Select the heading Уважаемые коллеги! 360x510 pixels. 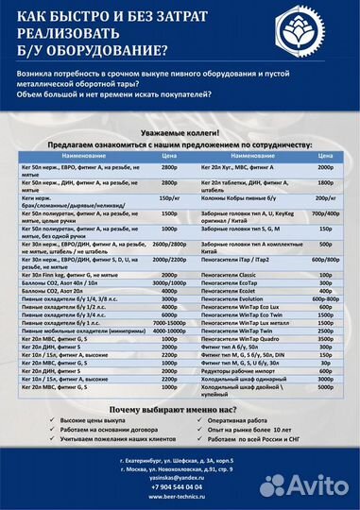[x=180, y=134]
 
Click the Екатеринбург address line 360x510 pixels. [x=180, y=460]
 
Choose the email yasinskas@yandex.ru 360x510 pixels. [x=180, y=479]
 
